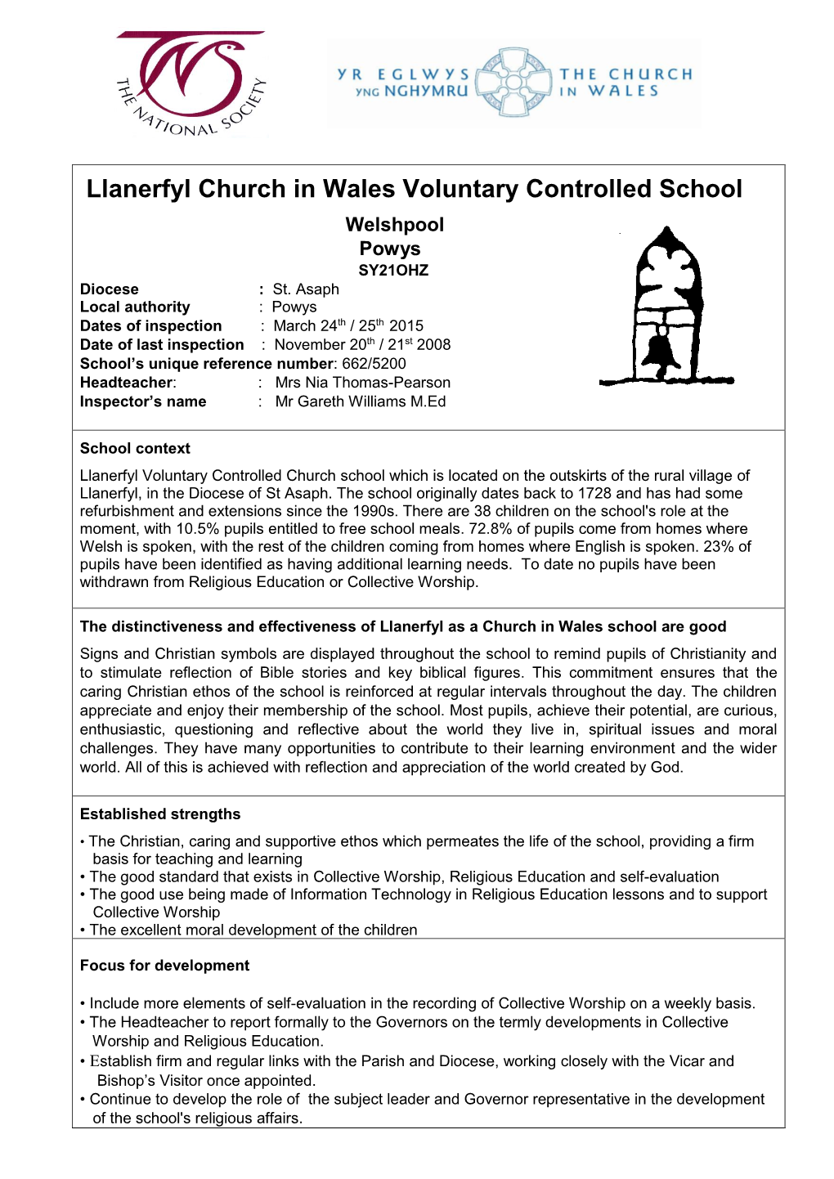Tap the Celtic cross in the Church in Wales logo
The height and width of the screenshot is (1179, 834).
(x=515, y=82)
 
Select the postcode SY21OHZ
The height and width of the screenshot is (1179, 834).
(x=393, y=271)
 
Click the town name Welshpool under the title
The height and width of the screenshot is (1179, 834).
(x=394, y=225)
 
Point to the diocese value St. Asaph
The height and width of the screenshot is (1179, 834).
(x=306, y=289)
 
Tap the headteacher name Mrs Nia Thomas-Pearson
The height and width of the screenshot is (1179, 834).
(x=362, y=383)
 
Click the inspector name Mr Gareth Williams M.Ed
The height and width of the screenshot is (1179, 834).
(x=361, y=401)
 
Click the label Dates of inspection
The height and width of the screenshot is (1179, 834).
(x=151, y=326)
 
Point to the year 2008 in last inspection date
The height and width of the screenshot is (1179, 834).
(x=433, y=345)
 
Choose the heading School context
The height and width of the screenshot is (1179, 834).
(x=135, y=449)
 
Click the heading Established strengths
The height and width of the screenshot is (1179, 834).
(x=160, y=814)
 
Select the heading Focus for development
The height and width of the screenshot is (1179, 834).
(x=164, y=966)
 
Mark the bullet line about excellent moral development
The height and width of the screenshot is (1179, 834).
(x=253, y=930)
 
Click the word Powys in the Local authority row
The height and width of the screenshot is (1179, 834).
(x=294, y=307)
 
